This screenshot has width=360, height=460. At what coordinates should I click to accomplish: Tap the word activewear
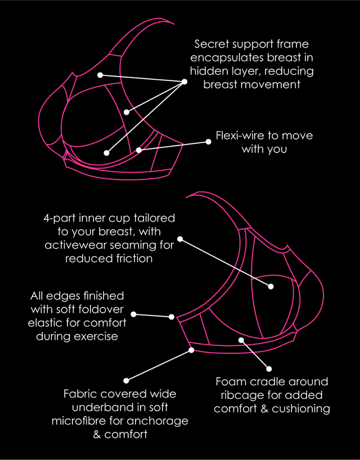[x=72, y=245]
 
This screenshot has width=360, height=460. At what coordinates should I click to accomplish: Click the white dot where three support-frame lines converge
[x=184, y=82]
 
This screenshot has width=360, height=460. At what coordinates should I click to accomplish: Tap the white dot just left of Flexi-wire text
[x=208, y=142]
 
